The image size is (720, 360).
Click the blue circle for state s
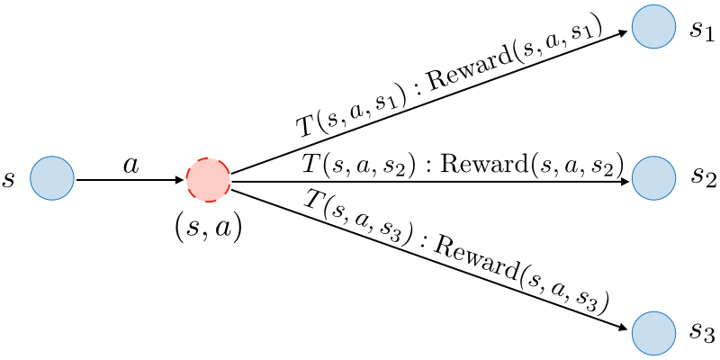(52, 178)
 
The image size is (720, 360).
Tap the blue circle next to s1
(653, 27)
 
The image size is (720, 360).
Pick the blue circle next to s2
(653, 177)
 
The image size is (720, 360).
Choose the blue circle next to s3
(653, 333)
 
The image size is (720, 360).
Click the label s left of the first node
(9, 179)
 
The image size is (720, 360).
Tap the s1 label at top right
(702, 30)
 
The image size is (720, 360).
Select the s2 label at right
(703, 176)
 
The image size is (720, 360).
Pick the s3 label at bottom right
(702, 333)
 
